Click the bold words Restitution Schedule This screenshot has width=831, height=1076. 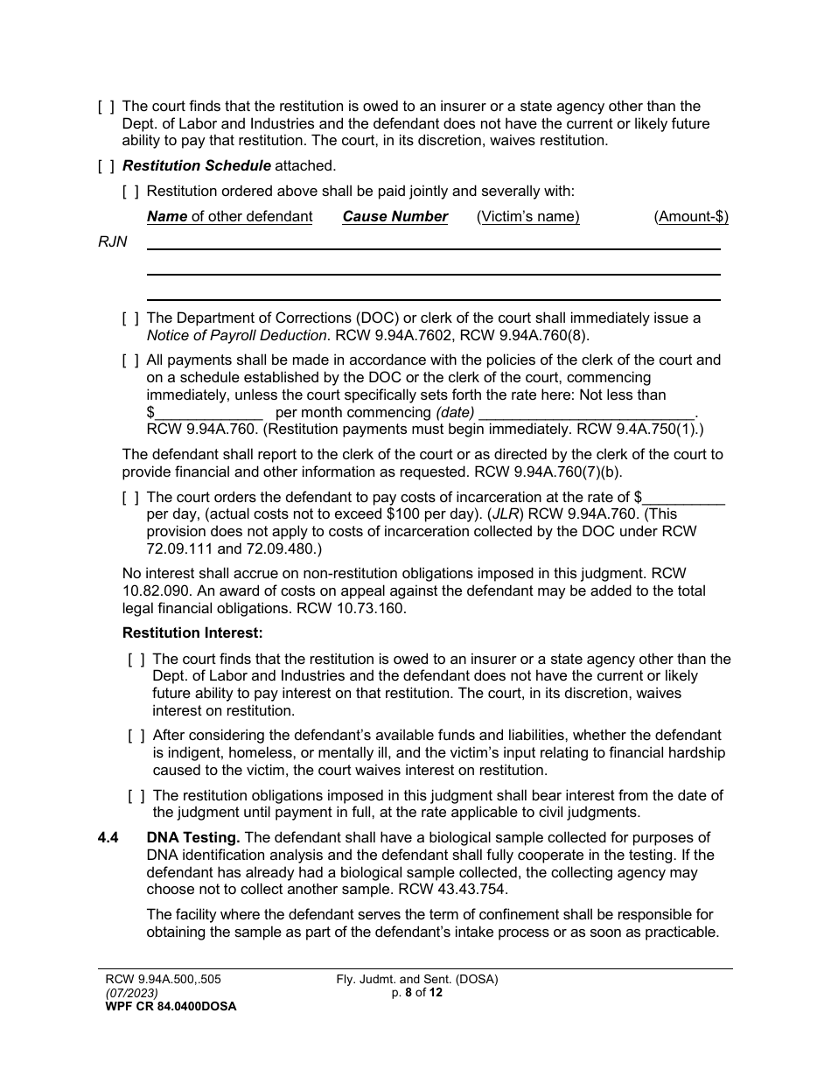(197, 165)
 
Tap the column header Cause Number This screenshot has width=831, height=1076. (395, 217)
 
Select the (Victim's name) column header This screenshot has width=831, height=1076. (527, 217)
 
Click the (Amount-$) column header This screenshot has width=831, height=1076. (690, 217)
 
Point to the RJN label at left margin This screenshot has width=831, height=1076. (113, 242)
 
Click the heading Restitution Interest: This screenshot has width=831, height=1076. (192, 632)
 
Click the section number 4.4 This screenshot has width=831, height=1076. (108, 838)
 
